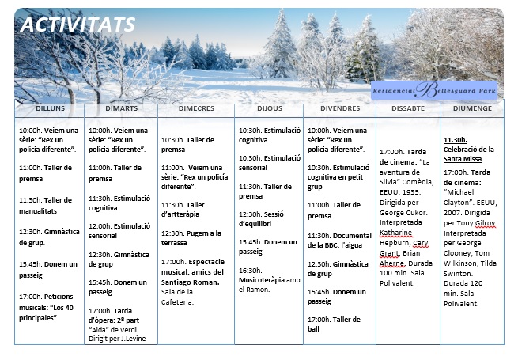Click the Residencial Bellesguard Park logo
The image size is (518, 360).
pyautogui.click(x=435, y=91)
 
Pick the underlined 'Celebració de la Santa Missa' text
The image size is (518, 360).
pyautogui.click(x=469, y=149)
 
